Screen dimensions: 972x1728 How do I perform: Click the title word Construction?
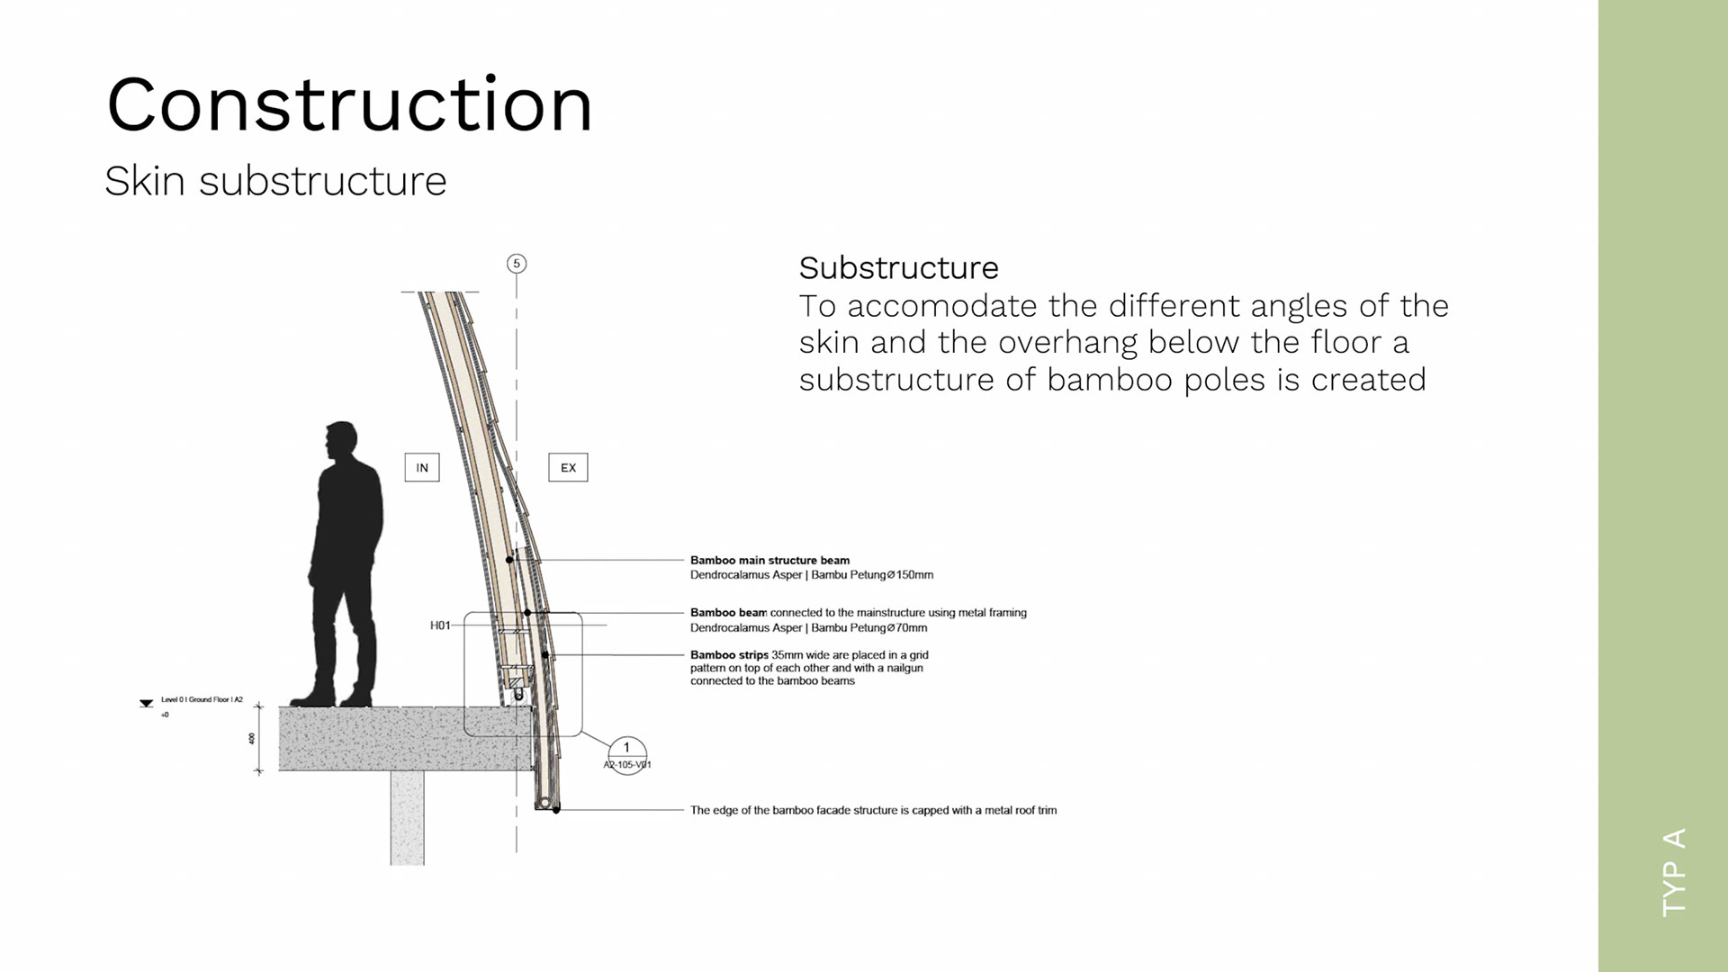(349, 105)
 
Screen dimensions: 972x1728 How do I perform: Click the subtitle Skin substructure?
(275, 182)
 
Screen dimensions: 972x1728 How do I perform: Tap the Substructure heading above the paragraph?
(898, 268)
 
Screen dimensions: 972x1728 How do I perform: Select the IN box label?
(422, 468)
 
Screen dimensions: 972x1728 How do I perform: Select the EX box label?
(568, 468)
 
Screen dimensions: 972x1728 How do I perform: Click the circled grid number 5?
(517, 264)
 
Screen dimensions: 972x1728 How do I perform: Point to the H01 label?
(440, 625)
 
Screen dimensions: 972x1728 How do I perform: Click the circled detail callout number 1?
(626, 748)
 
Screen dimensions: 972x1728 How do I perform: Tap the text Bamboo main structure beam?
(769, 560)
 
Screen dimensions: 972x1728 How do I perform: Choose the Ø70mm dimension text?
(907, 628)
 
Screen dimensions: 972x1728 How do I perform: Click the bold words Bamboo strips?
(729, 655)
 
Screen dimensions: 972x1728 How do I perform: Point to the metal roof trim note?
(873, 810)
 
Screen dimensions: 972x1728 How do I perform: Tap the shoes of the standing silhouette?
(332, 697)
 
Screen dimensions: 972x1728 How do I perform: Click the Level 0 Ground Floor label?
(202, 699)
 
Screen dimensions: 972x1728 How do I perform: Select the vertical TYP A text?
(1674, 872)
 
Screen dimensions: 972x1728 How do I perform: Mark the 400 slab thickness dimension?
(252, 739)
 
